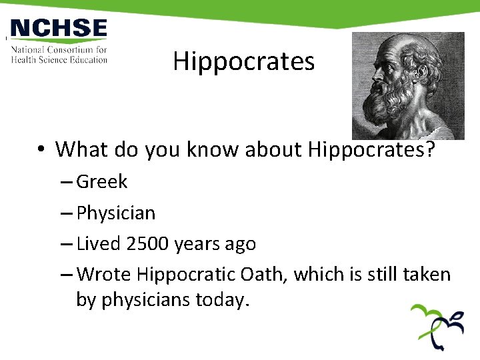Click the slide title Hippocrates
pyautogui.click(x=243, y=61)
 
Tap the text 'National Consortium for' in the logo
pyautogui.click(x=59, y=50)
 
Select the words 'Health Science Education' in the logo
pyautogui.click(x=59, y=59)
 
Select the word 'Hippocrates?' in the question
pyautogui.click(x=371, y=149)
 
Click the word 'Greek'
pyautogui.click(x=102, y=181)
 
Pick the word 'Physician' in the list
pyautogui.click(x=116, y=213)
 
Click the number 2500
pyautogui.click(x=148, y=244)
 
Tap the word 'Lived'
pyautogui.click(x=99, y=244)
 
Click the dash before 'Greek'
pyautogui.click(x=67, y=181)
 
